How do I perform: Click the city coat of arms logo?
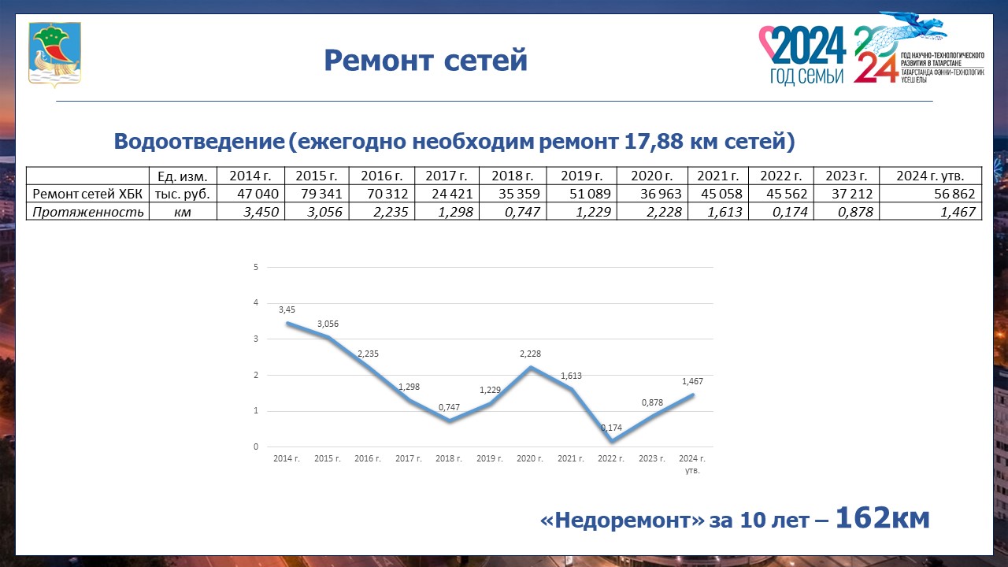[x=54, y=54]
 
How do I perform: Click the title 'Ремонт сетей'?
[x=425, y=60]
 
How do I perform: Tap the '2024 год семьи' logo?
[x=802, y=55]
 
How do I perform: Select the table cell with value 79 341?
[x=317, y=194]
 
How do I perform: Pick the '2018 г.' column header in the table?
[x=513, y=176]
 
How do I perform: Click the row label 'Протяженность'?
[x=87, y=212]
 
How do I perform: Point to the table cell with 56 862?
[x=931, y=194]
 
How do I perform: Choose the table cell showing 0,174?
[x=781, y=212]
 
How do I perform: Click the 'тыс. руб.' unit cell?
[x=183, y=194]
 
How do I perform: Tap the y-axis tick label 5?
[x=256, y=267]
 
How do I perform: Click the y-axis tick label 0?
[x=256, y=447]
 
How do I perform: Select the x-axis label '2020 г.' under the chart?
[x=530, y=458]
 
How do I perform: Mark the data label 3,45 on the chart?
[x=287, y=309]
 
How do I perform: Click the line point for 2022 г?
[x=612, y=440]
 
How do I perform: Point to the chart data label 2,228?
[x=530, y=354]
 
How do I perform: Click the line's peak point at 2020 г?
[x=531, y=367]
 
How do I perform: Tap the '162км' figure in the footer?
[x=883, y=517]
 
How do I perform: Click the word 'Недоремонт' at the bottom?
[x=622, y=521]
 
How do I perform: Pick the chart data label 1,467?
[x=692, y=381]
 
